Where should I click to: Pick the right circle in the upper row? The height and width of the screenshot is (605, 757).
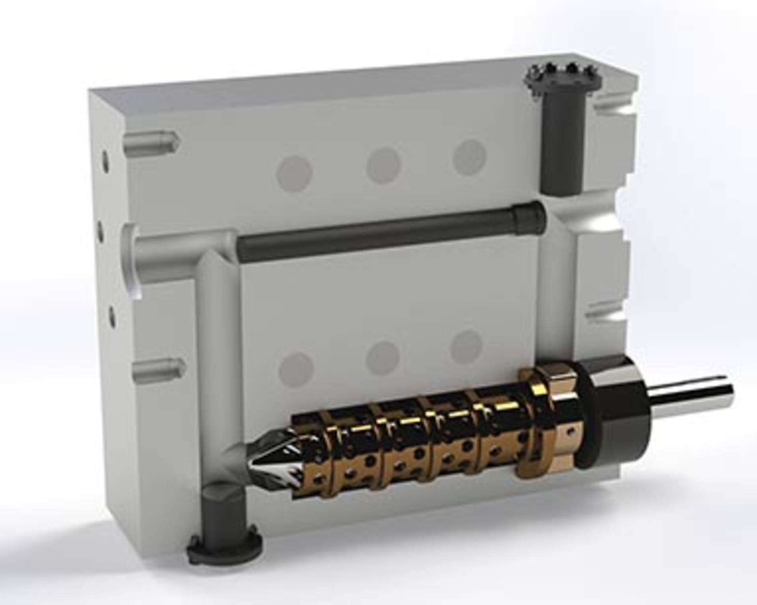(x=469, y=157)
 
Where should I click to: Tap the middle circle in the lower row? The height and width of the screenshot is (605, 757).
(x=382, y=358)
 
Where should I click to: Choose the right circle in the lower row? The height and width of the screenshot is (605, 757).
(x=466, y=347)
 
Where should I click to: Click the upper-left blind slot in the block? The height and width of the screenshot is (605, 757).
(x=152, y=143)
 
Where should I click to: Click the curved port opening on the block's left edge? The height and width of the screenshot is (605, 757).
(x=130, y=260)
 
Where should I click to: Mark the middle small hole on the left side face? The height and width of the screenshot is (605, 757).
(x=101, y=233)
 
